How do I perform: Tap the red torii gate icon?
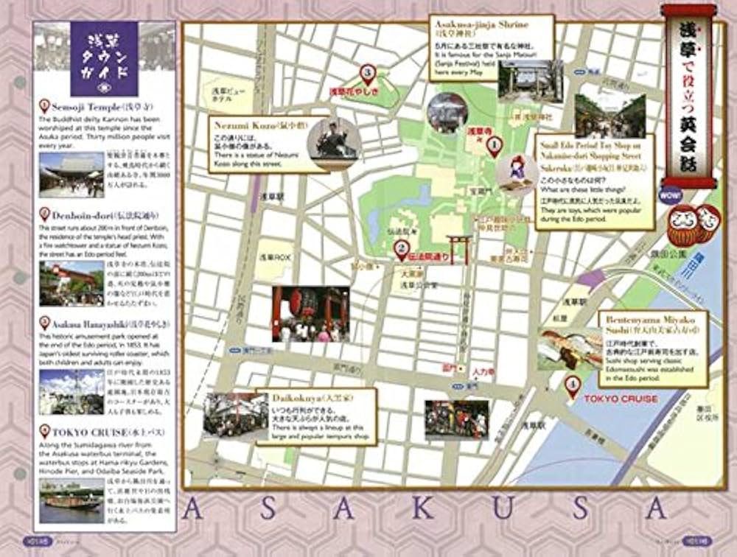click(x=458, y=248)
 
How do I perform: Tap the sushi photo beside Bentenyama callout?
click(x=570, y=347)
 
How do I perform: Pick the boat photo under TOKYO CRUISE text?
click(x=71, y=495)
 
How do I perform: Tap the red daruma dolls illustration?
click(x=693, y=225)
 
